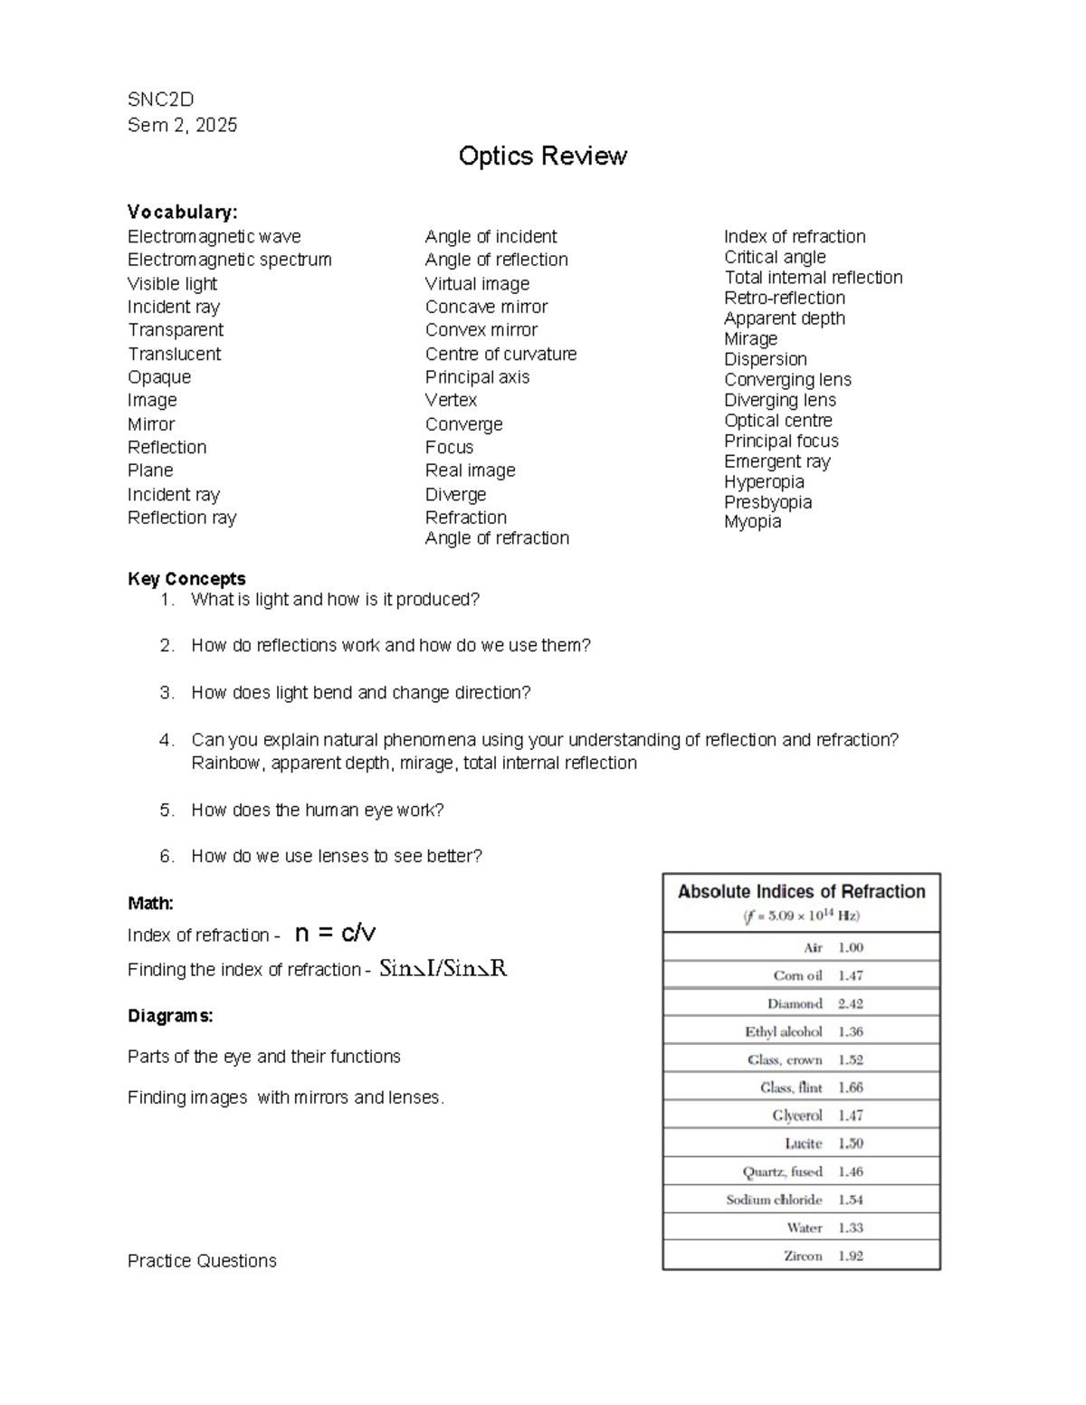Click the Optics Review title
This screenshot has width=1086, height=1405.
tap(542, 157)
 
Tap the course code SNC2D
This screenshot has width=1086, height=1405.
tap(160, 100)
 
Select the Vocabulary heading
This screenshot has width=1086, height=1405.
tap(182, 212)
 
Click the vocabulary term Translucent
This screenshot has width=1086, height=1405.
tap(174, 354)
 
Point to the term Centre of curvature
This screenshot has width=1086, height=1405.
tap(500, 354)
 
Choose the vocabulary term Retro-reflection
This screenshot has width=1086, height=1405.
tap(784, 298)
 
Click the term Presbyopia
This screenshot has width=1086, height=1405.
tap(767, 502)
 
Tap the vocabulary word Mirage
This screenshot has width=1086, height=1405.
tap(750, 338)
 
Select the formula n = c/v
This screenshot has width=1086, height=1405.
tap(335, 933)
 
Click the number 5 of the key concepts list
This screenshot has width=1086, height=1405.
tap(166, 811)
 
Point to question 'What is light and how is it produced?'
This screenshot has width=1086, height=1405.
tap(335, 600)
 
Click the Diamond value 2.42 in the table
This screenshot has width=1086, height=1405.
tap(850, 1003)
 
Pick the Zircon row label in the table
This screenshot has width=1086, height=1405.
tap(803, 1256)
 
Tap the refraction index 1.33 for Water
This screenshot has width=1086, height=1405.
tap(850, 1228)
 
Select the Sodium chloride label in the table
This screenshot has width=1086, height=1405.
tap(774, 1200)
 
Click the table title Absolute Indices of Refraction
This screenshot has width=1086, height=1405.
tap(801, 892)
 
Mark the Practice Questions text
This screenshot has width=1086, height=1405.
tap(202, 1261)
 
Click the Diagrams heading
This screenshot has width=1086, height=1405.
tap(170, 1016)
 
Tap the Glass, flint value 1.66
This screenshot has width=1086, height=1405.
tap(850, 1087)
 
